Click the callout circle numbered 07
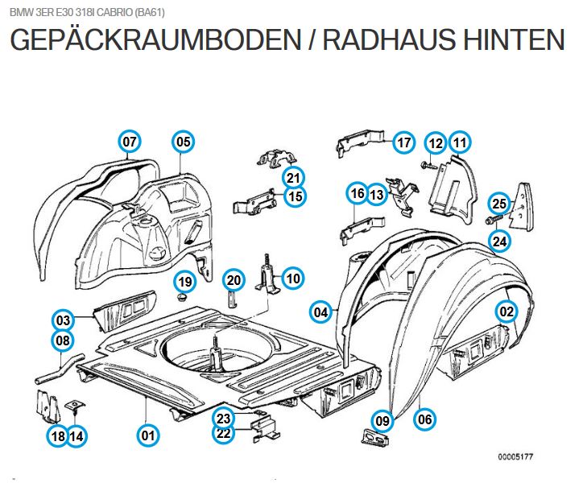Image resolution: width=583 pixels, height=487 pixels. pos(130,142)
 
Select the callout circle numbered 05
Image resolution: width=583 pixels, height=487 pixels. pos(183,142)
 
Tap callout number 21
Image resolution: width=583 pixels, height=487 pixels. pos(292,178)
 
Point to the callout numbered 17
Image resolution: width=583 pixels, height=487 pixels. pos(404,143)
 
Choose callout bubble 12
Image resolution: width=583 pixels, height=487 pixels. pos(436,143)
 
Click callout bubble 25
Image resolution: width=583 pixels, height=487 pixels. pos(499,204)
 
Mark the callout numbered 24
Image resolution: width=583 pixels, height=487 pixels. pos(499,240)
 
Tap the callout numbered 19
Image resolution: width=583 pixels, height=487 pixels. pos(185,282)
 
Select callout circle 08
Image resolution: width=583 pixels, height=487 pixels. pos(63,340)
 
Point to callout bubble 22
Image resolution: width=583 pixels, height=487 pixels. pos(224,434)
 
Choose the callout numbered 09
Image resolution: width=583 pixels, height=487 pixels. pos(382,419)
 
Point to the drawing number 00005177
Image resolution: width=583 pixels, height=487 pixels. pos(515,456)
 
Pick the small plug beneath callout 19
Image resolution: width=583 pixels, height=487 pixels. pos(180,297)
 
